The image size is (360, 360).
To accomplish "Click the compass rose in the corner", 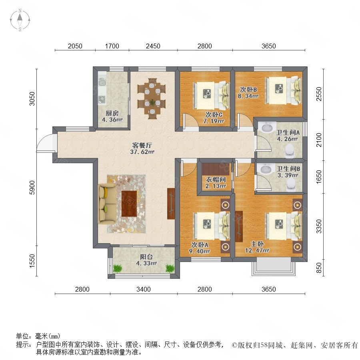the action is tap(20, 20).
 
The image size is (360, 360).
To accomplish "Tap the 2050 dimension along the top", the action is tap(75, 46).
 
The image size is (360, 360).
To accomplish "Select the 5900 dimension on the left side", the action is tap(32, 188).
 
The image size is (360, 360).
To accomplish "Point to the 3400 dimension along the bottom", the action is tap(144, 289).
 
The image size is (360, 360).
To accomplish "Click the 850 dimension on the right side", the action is tap(319, 268).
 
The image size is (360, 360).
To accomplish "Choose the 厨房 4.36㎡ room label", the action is tap(112, 116).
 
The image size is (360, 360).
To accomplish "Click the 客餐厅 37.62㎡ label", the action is tap(142, 148).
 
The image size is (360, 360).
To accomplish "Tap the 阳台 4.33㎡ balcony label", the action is tap(146, 260).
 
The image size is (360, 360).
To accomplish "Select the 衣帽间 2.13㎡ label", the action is tap(215, 183).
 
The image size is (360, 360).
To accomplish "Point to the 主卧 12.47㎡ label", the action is tap(257, 247).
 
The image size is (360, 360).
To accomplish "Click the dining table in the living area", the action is tap(152, 98).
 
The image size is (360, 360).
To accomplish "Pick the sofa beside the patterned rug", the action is tap(107, 204).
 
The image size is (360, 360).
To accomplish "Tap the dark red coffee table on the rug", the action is tap(129, 204).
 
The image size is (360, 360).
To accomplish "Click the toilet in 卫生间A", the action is tap(290, 151).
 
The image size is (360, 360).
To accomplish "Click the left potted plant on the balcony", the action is tap(118, 268).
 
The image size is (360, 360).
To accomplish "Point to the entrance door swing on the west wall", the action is tap(45, 143).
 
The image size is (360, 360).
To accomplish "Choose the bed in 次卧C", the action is tap(212, 95).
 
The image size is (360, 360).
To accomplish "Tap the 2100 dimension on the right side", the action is tap(319, 140).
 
